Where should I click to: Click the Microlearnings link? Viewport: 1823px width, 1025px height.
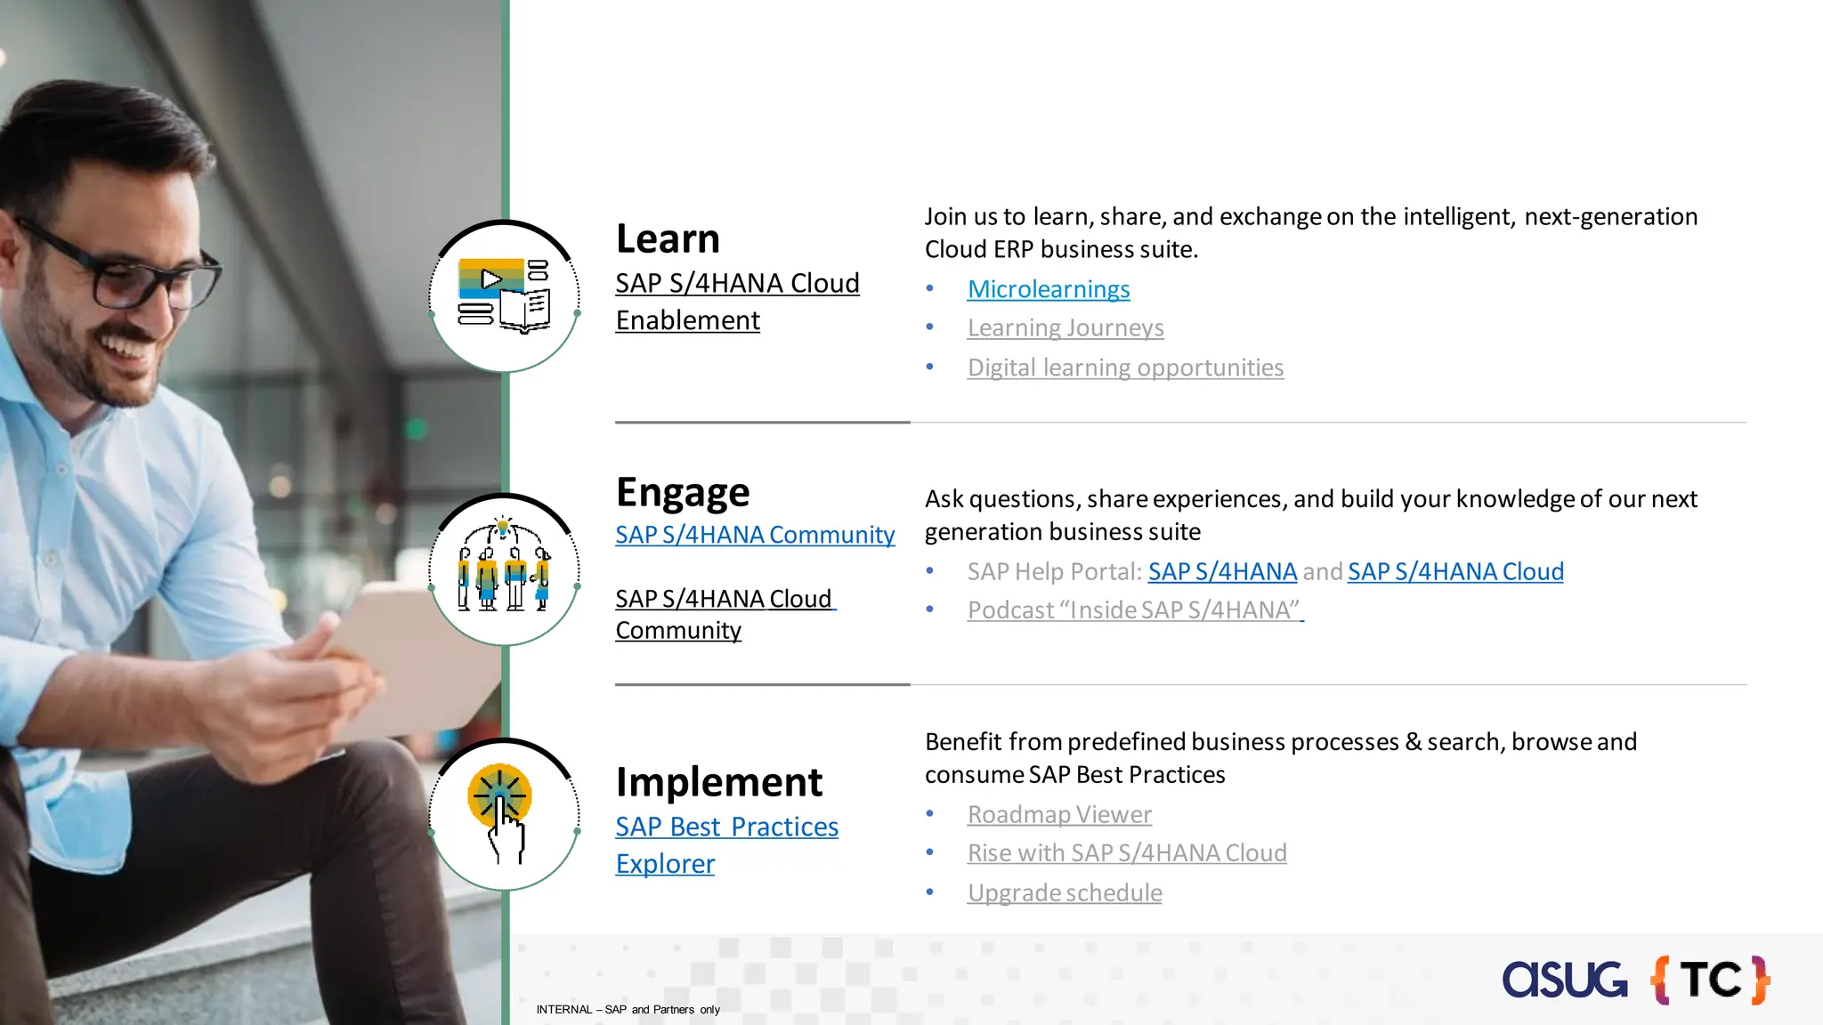1048,289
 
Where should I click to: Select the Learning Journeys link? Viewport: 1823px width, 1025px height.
1065,328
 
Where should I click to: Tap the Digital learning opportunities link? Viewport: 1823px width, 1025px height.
1125,367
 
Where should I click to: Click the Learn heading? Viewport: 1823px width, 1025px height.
668,238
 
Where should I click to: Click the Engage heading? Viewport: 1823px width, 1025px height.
683,492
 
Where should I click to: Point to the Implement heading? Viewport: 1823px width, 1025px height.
718,782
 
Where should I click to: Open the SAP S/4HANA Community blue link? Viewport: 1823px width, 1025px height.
755,535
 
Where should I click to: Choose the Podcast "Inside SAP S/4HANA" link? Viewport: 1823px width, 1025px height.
1135,610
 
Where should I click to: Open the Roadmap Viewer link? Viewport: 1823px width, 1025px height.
1059,814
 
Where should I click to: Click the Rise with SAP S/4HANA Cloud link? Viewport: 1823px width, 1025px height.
1127,853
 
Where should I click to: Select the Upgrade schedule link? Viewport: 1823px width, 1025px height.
1065,892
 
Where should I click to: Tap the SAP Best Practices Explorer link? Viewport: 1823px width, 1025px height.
726,844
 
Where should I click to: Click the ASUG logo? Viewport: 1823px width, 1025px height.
1564,980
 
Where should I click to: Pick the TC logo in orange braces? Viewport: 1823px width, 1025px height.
1710,980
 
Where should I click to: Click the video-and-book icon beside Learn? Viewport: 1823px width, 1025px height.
504,295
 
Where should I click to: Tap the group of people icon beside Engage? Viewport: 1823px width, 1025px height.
504,568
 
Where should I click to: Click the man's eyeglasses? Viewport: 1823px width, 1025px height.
116,267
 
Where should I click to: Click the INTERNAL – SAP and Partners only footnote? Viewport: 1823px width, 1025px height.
628,1010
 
